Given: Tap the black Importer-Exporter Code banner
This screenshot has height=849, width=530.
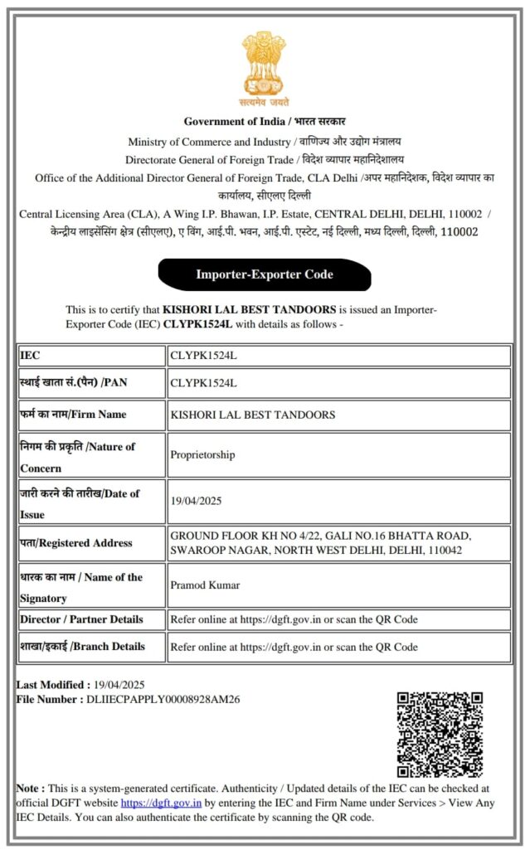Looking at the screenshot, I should coord(264,274).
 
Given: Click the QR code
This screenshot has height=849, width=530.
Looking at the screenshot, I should coord(439,734).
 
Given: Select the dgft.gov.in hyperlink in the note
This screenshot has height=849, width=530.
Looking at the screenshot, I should coord(161,803).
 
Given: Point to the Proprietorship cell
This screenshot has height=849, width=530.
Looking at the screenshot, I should coord(202,454).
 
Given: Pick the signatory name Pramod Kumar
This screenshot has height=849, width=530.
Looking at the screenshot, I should coord(205,585).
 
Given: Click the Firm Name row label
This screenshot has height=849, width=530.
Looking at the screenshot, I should coord(73,415).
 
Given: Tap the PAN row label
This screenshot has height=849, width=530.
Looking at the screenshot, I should coord(73,383).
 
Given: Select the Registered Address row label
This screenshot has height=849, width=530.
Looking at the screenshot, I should coord(76,543).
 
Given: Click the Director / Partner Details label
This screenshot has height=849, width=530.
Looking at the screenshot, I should coord(81,619).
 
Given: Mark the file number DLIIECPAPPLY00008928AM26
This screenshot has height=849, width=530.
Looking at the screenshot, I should coord(161,700).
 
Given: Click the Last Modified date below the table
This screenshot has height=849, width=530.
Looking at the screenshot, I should coord(119,685).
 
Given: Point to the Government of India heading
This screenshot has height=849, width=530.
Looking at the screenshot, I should coord(265,121).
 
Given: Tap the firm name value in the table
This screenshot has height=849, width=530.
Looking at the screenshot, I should coord(252,415).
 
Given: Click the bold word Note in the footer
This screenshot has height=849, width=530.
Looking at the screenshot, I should coord(30,788).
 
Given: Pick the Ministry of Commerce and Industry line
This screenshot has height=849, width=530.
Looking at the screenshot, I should coord(265,142).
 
